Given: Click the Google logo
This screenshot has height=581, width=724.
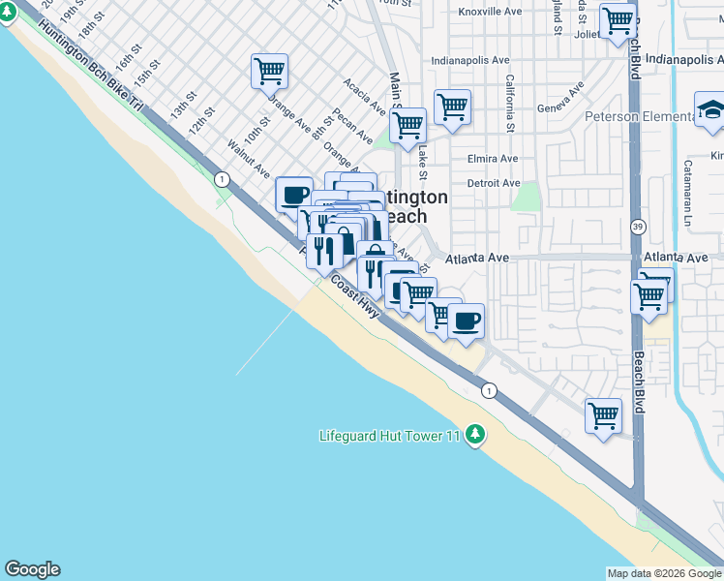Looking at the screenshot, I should pyautogui.click(x=32, y=569).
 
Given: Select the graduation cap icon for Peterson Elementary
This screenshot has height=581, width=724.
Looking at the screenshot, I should pyautogui.click(x=711, y=109).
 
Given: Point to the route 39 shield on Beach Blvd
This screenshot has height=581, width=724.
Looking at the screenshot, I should pyautogui.click(x=635, y=226).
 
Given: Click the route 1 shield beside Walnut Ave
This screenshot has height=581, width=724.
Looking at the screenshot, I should pyautogui.click(x=223, y=179).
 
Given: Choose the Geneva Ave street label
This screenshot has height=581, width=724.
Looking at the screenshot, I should pyautogui.click(x=562, y=100).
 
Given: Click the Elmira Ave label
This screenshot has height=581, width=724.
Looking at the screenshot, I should pyautogui.click(x=493, y=158).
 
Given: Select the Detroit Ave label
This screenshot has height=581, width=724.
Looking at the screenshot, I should pyautogui.click(x=494, y=183).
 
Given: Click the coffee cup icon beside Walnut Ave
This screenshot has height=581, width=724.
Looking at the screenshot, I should pyautogui.click(x=294, y=194).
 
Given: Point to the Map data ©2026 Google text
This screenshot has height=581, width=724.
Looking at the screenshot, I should pyautogui.click(x=664, y=573).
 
